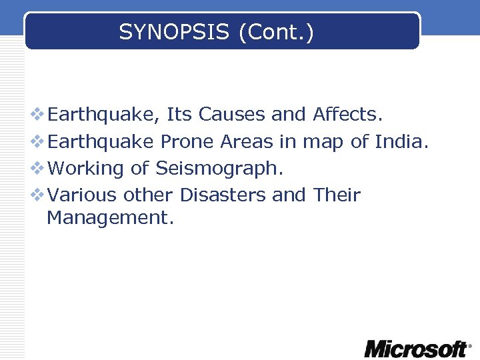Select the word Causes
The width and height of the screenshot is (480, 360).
click(x=231, y=115)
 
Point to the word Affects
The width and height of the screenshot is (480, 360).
click(x=347, y=115)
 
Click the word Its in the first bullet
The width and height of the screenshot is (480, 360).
click(x=179, y=115)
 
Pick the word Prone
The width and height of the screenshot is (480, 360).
click(x=187, y=142)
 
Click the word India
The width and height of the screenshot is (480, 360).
click(x=400, y=142)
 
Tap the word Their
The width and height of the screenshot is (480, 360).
click(x=337, y=195)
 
